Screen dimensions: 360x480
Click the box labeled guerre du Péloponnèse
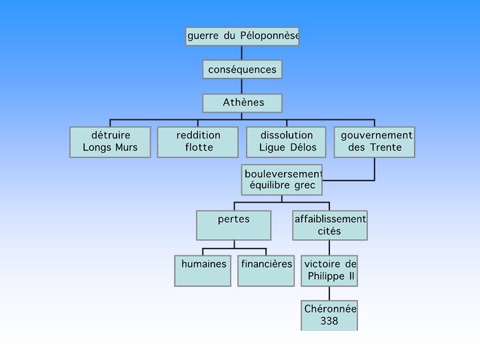(x=242, y=36)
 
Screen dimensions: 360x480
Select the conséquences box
(x=242, y=69)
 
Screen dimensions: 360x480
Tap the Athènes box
(x=242, y=103)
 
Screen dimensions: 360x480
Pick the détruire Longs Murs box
(x=111, y=141)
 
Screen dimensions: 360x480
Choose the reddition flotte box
(x=198, y=141)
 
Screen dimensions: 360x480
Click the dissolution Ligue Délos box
(x=286, y=141)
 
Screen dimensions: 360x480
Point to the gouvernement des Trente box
(x=374, y=141)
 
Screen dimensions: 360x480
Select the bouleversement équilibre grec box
(x=282, y=179)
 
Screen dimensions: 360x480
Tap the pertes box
(x=233, y=225)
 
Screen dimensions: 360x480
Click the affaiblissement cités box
(x=330, y=225)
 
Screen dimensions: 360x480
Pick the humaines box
(x=203, y=270)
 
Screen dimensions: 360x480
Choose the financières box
(x=266, y=270)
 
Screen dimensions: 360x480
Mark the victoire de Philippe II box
(x=329, y=270)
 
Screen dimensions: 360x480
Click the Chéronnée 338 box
(x=329, y=315)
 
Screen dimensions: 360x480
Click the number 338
(x=329, y=321)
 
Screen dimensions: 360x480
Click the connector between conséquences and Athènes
(x=242, y=86)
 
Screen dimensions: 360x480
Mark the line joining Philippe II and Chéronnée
(x=329, y=293)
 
